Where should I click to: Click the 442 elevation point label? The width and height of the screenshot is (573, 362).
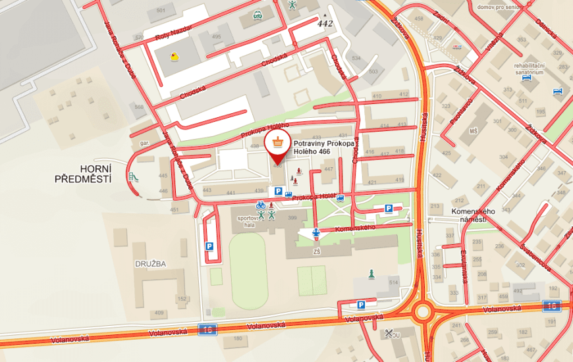[325, 24]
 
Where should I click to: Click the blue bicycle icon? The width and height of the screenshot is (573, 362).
[261, 205]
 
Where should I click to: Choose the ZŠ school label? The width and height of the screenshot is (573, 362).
[317, 251]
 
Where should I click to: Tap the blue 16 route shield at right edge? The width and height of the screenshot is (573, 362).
[552, 305]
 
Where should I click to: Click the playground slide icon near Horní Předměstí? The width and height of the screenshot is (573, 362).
[133, 177]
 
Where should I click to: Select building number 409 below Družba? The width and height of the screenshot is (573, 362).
[159, 313]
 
